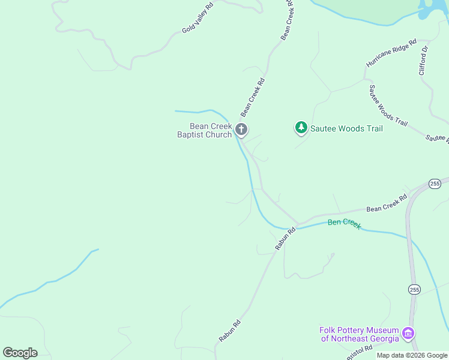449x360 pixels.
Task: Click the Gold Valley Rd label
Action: click(198, 19)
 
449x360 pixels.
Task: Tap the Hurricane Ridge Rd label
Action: click(391, 53)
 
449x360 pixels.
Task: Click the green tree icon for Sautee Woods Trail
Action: click(301, 128)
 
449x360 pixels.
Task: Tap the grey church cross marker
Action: click(241, 129)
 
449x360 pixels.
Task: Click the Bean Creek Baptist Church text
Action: click(204, 130)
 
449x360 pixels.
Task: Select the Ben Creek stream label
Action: click(344, 223)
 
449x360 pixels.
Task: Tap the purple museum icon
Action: click(408, 332)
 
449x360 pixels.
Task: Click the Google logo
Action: click(20, 352)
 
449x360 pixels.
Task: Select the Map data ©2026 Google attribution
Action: click(412, 355)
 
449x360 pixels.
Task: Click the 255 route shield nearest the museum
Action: click(414, 290)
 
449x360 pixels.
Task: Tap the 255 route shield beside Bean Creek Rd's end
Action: click(435, 183)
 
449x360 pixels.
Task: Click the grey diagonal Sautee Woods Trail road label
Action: click(388, 106)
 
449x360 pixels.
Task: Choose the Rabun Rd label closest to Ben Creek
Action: click(286, 238)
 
